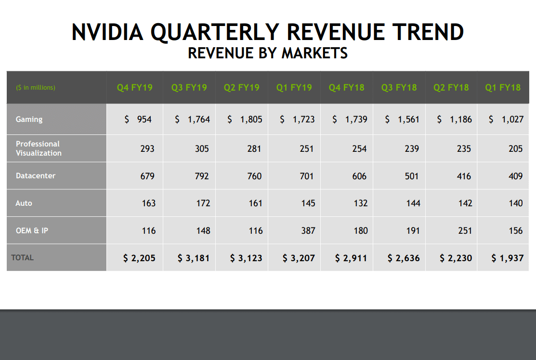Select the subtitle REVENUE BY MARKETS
(x=268, y=53)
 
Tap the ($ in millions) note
(x=36, y=88)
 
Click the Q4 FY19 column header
(x=134, y=88)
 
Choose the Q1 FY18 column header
(x=503, y=88)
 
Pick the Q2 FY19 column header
(x=241, y=88)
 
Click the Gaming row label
(x=29, y=120)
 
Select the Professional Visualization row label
(x=39, y=148)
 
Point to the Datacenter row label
(x=35, y=176)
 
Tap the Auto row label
(x=24, y=203)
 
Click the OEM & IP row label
(x=32, y=231)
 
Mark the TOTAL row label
(x=22, y=258)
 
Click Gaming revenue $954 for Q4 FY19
(x=138, y=120)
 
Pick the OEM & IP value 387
(x=308, y=231)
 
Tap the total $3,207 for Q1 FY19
(x=299, y=258)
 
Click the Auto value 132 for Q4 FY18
(x=360, y=203)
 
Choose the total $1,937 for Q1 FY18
(x=507, y=258)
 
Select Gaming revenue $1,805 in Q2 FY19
(x=245, y=120)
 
